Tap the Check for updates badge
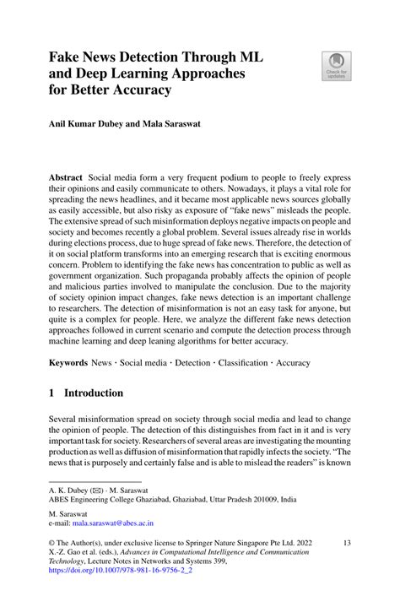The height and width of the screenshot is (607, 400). [336, 68]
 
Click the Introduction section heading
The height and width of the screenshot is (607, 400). [94, 393]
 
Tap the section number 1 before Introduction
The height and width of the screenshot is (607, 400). [51, 393]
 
